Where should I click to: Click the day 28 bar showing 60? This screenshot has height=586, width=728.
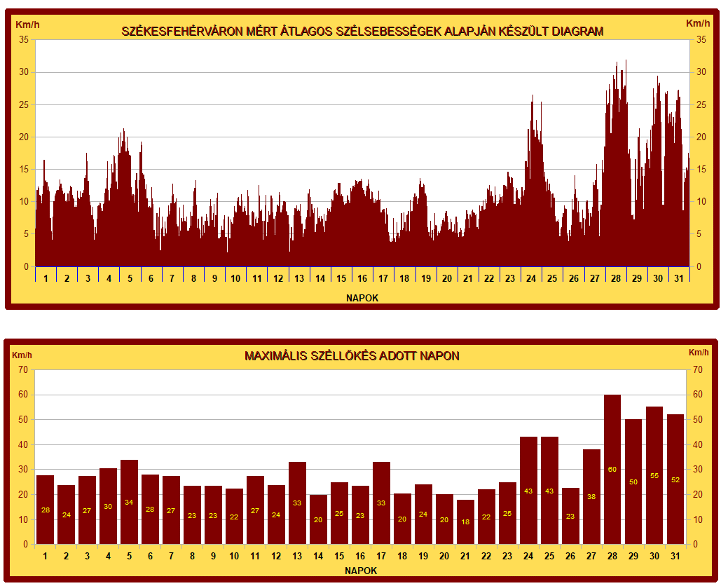click(x=612, y=469)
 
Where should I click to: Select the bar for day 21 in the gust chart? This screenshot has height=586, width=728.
click(x=465, y=522)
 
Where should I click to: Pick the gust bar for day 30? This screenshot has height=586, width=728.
click(x=654, y=475)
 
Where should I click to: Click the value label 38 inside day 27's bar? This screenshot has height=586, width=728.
click(x=591, y=497)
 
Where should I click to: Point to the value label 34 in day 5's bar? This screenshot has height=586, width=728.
click(x=129, y=503)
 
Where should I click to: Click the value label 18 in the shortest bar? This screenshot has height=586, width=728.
click(x=465, y=522)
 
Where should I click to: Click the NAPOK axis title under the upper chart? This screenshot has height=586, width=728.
click(x=362, y=298)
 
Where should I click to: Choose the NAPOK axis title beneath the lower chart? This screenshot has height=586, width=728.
click(x=361, y=571)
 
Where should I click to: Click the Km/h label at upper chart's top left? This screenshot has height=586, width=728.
click(x=28, y=24)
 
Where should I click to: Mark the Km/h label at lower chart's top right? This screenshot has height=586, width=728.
click(x=699, y=352)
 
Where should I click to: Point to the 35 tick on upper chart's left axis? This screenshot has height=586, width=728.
click(x=24, y=40)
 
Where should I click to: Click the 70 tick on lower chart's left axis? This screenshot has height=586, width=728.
click(x=23, y=369)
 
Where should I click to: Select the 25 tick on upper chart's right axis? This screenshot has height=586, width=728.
click(x=700, y=105)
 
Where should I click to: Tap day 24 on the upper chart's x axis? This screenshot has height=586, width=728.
click(x=530, y=278)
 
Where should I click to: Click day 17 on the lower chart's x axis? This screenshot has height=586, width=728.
click(x=381, y=557)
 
